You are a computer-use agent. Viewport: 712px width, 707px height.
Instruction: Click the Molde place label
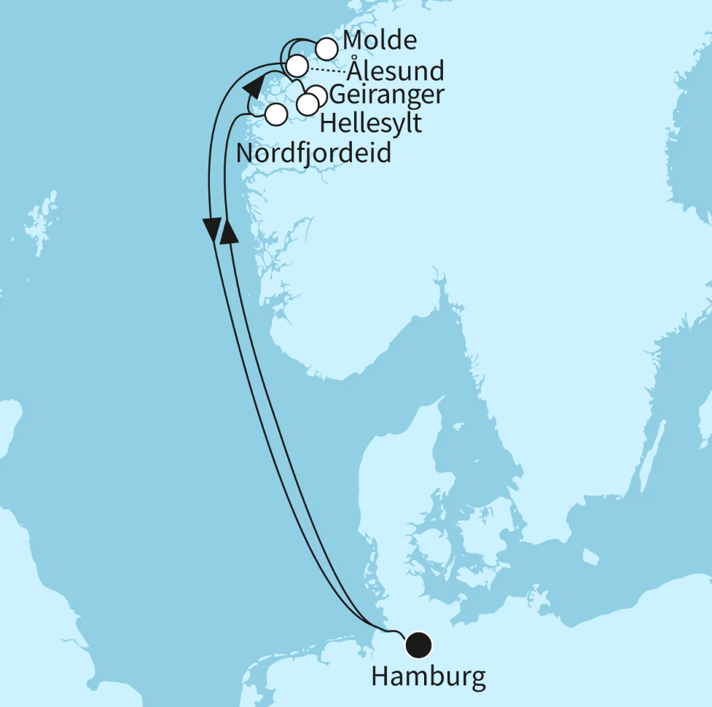point(380,40)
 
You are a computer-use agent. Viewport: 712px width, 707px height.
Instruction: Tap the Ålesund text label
point(395,71)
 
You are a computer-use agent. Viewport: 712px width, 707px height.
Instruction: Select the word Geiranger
point(386,95)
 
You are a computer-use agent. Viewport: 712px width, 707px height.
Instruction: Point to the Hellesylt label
point(370,123)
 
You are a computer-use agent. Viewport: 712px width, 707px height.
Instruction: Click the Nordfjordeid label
point(314,154)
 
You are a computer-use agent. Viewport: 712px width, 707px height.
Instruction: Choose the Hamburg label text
point(428,677)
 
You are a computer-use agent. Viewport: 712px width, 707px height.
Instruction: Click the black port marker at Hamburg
point(418,644)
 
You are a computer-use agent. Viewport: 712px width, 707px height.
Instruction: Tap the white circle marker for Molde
point(326,49)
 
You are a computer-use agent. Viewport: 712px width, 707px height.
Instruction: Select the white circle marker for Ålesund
point(297,67)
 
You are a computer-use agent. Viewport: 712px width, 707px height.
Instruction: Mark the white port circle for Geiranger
point(317,95)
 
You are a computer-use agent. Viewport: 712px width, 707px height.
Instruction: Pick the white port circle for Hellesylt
point(308,105)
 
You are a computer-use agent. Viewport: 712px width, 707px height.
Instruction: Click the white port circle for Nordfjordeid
point(276,114)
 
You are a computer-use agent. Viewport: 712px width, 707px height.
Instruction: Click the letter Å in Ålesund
point(353,70)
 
